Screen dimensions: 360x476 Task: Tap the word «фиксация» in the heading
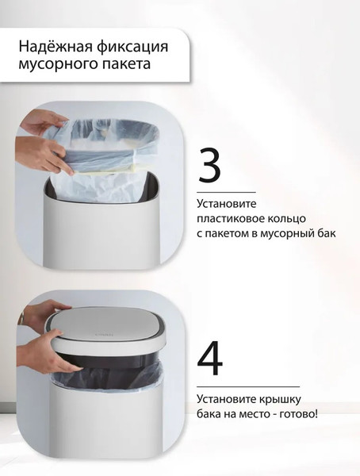(x=133, y=48)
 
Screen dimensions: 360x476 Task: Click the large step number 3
(x=209, y=165)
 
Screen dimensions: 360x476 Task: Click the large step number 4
(x=210, y=359)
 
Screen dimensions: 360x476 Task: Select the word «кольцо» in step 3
(x=286, y=219)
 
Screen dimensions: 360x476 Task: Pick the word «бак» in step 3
(x=327, y=234)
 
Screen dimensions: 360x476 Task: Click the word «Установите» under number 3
(x=227, y=203)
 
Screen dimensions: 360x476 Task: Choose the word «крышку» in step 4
(x=280, y=398)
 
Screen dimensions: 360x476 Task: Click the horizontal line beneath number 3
(x=226, y=192)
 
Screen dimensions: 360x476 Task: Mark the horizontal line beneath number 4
(x=248, y=387)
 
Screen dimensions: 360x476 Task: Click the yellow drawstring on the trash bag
(x=102, y=169)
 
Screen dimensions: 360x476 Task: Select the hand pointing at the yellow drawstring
(x=45, y=155)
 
